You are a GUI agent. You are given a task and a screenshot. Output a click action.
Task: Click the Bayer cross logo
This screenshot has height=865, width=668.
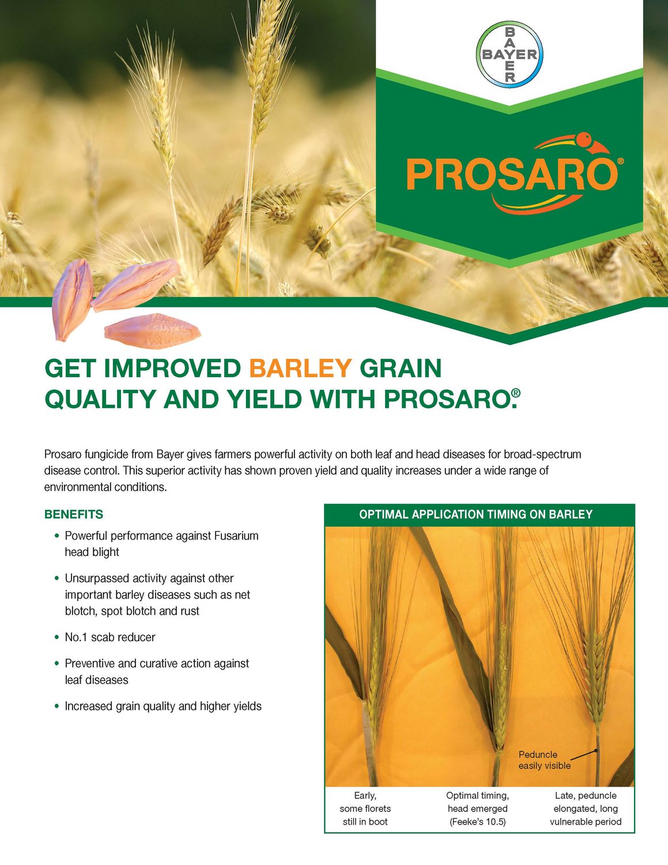(510, 55)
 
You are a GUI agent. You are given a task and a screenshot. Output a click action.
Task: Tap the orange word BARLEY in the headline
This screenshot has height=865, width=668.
(300, 368)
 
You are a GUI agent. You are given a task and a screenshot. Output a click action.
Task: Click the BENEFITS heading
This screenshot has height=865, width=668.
(74, 514)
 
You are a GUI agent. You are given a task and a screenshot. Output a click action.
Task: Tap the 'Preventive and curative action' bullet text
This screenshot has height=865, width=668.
(157, 664)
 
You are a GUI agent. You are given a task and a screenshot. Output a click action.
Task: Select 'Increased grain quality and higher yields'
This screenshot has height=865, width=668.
(163, 706)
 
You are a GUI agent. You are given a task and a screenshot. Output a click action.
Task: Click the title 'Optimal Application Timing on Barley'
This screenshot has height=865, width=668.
(475, 514)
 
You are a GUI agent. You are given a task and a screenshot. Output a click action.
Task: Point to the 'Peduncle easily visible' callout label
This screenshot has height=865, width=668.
(544, 760)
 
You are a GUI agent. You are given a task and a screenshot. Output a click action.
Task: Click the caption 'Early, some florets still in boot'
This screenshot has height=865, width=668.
(365, 808)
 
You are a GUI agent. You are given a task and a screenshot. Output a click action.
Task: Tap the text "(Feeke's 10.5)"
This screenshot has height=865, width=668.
(477, 822)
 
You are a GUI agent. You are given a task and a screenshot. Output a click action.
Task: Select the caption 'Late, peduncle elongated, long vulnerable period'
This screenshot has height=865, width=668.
(586, 808)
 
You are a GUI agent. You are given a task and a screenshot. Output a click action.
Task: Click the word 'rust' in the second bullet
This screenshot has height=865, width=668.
(190, 611)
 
